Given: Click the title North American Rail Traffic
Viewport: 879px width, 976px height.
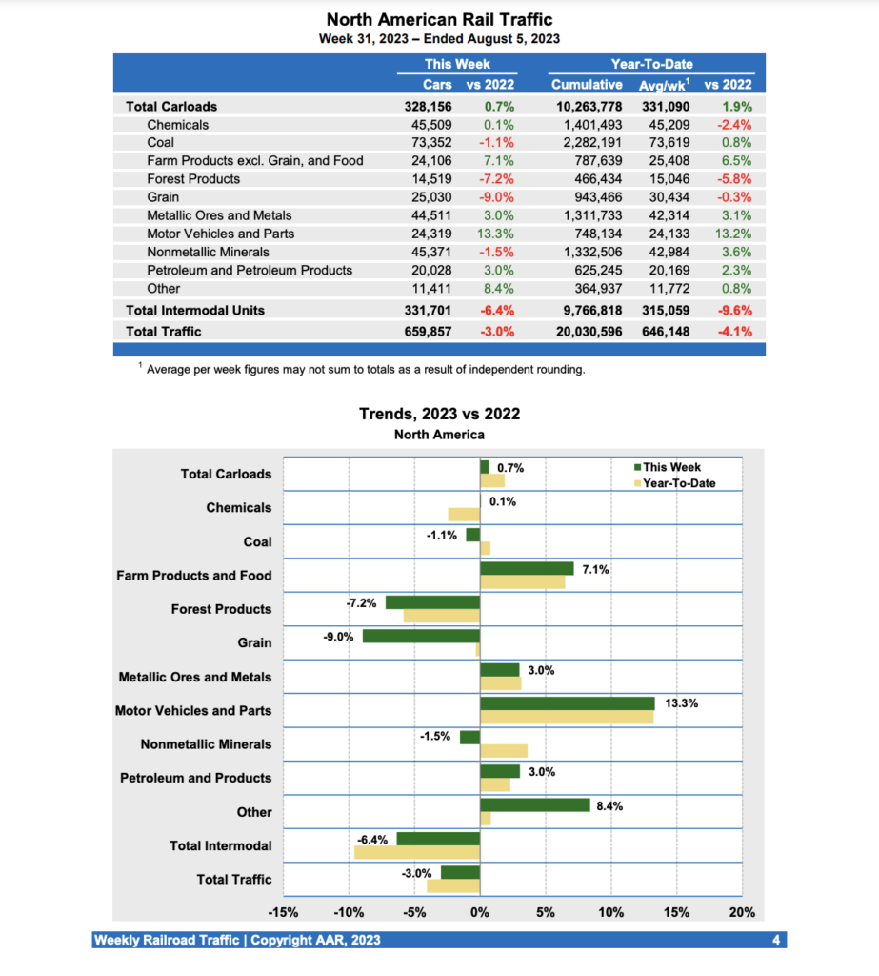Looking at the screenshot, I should [x=439, y=19].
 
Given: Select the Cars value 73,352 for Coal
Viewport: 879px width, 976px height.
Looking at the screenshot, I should [x=429, y=143].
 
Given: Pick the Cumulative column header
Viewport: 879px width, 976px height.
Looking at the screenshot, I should [x=587, y=85].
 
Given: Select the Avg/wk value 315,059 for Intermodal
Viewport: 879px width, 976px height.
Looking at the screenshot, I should [x=664, y=310].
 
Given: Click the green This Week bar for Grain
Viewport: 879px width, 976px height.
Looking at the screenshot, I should [x=421, y=636].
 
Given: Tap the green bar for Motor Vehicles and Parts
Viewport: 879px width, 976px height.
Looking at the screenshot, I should [x=567, y=703].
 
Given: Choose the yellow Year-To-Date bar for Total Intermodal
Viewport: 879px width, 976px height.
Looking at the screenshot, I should [x=416, y=852].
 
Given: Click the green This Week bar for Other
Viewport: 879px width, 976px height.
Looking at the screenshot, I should [x=534, y=805].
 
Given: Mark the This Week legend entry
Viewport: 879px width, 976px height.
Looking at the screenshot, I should [x=668, y=467].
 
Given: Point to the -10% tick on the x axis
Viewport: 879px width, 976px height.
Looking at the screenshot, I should [x=349, y=912].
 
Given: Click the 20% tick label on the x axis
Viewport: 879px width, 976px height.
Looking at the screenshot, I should [x=742, y=912].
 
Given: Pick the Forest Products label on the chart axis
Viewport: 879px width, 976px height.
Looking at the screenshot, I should [x=221, y=609].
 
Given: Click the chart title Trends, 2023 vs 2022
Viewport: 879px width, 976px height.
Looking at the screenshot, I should [x=439, y=414].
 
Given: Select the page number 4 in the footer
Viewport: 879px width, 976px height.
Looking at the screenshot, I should [x=776, y=941].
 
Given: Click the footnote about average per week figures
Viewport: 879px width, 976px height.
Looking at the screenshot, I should [x=366, y=369].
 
